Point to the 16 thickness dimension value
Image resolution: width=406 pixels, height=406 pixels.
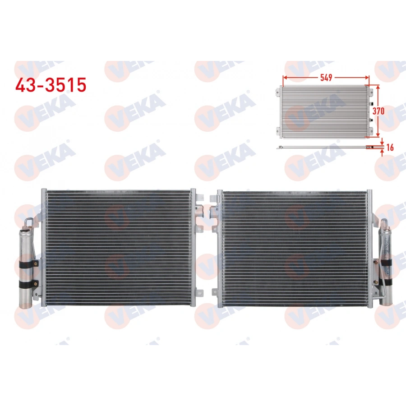[390, 147]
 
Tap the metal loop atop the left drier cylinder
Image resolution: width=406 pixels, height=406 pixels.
[28, 222]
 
